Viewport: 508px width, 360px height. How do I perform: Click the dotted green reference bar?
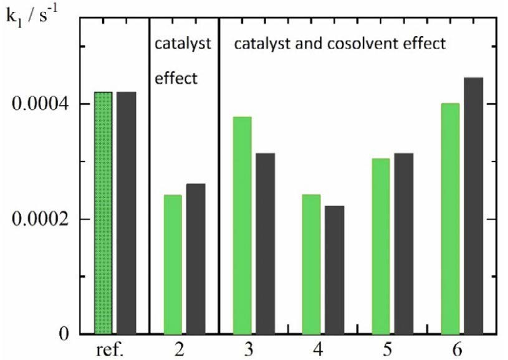click(103, 212)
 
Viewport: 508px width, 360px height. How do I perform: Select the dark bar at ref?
click(127, 212)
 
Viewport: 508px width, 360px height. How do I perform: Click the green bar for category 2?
click(173, 264)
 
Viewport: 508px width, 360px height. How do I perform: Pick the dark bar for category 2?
click(196, 258)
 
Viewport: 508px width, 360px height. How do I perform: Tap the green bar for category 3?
click(242, 225)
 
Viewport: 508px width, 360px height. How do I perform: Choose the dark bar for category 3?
click(265, 243)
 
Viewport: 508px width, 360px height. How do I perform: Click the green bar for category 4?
click(311, 264)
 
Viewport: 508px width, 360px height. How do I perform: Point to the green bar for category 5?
click(380, 246)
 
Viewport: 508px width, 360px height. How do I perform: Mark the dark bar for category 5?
click(403, 243)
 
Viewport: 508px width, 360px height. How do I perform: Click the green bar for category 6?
click(450, 218)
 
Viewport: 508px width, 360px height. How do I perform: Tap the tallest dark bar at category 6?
click(473, 206)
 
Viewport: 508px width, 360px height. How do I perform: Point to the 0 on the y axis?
click(62, 334)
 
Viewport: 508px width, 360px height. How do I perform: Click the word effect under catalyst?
click(175, 78)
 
